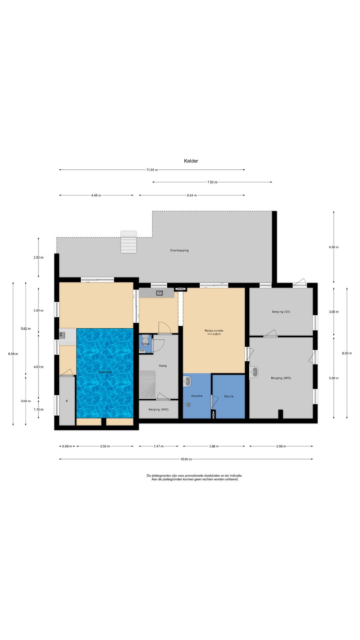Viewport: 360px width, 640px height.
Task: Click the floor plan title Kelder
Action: point(191,161)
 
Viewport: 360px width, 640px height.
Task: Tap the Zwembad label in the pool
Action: point(105,372)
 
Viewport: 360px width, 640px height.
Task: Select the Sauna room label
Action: point(229,396)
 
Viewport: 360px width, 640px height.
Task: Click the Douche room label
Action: point(197,396)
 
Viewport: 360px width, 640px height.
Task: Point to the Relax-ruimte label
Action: point(214,331)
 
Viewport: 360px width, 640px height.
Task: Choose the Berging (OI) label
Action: point(281,312)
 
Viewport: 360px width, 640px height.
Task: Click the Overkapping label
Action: point(179,250)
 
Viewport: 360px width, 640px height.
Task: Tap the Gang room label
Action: point(163,366)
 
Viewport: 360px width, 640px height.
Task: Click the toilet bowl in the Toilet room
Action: point(145,338)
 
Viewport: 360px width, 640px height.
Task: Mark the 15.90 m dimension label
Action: point(186,459)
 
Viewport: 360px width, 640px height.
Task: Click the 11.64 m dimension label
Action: point(152,170)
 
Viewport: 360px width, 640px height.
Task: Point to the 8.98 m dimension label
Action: point(13,354)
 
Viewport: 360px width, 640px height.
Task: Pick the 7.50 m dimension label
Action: point(212,182)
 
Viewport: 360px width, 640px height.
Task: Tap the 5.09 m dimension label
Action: point(334,378)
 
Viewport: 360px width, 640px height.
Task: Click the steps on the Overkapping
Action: point(129,242)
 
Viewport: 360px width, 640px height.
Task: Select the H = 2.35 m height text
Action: point(214,334)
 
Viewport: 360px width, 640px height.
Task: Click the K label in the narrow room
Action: point(67,401)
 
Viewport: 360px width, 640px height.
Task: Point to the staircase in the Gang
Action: point(147,385)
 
